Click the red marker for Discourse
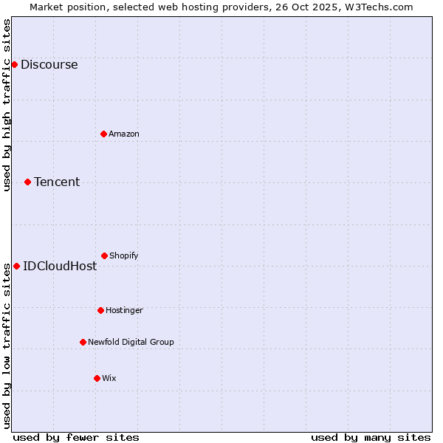click(14, 64)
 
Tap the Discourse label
click(49, 65)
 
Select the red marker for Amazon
click(103, 134)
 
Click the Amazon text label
click(123, 134)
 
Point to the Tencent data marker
click(27, 182)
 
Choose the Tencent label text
click(56, 182)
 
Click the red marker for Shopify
click(104, 255)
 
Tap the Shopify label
click(123, 256)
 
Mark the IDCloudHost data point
click(16, 266)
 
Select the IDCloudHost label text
click(59, 267)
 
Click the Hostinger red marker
click(100, 310)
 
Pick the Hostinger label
click(124, 311)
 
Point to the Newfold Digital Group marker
click(83, 342)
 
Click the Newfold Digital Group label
click(131, 343)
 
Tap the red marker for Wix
click(97, 378)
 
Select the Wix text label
click(109, 379)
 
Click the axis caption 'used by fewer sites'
click(76, 437)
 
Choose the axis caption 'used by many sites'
click(371, 437)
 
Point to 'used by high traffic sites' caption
click(7, 105)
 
